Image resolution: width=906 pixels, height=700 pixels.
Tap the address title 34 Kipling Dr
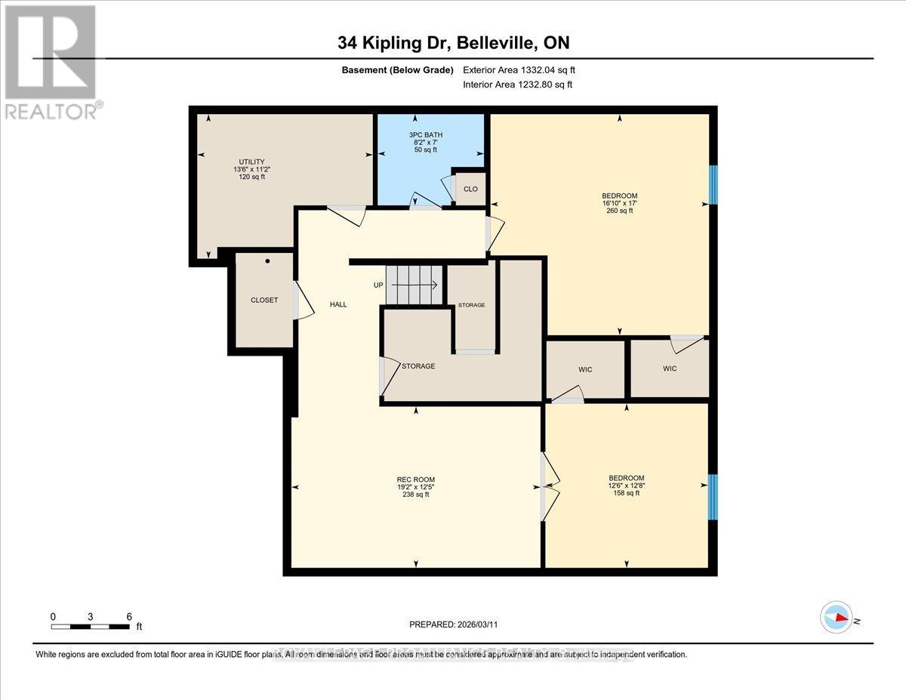click(452, 43)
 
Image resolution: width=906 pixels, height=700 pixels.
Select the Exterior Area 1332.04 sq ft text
click(524, 69)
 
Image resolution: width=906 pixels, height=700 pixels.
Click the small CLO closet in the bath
click(470, 189)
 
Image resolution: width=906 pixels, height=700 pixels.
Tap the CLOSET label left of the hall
click(264, 300)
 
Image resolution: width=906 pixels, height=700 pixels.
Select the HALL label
click(337, 304)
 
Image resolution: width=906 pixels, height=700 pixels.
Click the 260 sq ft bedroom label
click(619, 203)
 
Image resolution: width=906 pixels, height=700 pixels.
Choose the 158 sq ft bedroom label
click(627, 486)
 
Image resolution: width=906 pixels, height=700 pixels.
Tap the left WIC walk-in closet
click(585, 369)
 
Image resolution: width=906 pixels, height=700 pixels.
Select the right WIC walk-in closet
click(670, 369)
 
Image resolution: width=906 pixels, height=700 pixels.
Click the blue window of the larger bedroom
click(713, 184)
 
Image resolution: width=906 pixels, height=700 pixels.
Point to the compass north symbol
click(837, 617)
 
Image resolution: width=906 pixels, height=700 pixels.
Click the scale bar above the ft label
click(91, 626)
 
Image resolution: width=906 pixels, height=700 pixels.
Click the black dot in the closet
click(267, 261)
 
